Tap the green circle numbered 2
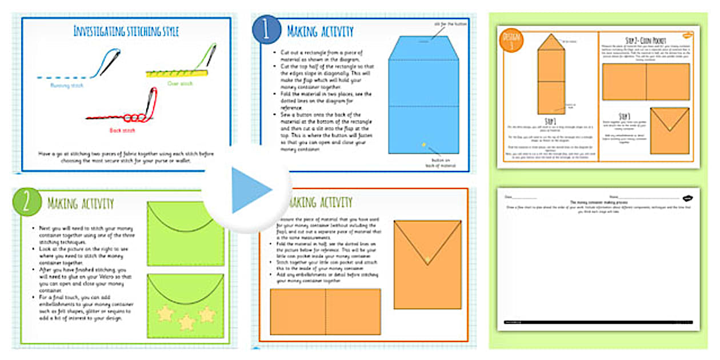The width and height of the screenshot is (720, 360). [x=26, y=202]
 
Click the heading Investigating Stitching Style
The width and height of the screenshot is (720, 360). [x=126, y=31]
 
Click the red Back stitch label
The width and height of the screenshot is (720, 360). [x=122, y=130]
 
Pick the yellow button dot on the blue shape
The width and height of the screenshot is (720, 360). [x=423, y=145]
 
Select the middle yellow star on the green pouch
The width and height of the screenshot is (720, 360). [x=186, y=322]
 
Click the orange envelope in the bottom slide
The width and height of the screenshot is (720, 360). [x=427, y=264]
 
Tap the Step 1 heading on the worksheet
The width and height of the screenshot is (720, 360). [x=550, y=121]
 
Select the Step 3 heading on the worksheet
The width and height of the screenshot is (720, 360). [x=623, y=116]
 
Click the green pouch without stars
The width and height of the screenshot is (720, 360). [x=186, y=233]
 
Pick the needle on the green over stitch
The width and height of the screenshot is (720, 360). [x=211, y=55]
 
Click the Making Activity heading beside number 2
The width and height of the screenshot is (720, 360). [x=81, y=203]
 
